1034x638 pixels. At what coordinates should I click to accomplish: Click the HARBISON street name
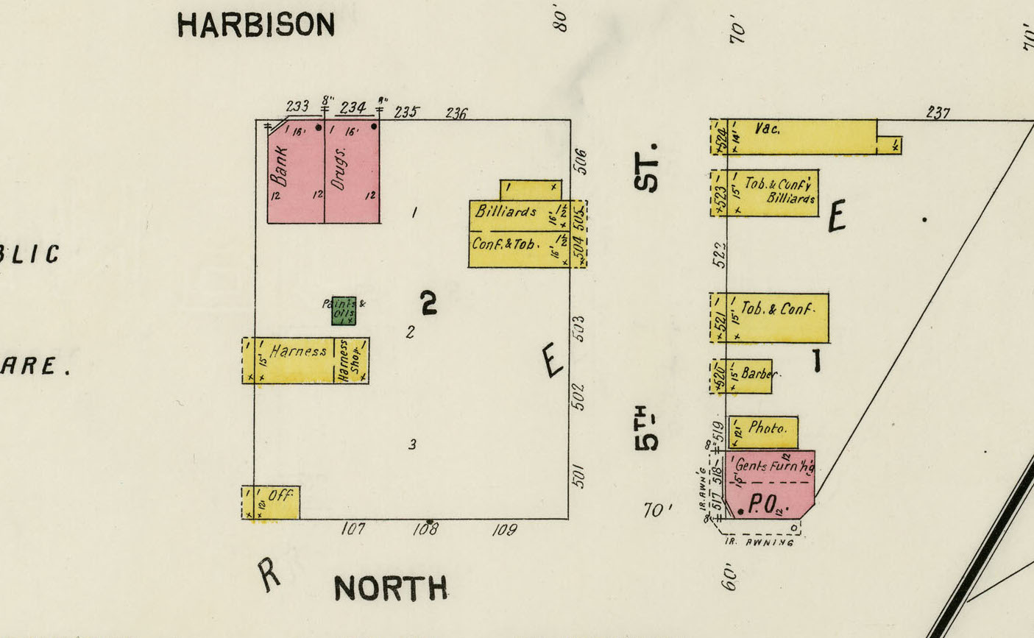[255, 25]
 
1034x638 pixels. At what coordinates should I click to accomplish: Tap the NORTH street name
[390, 589]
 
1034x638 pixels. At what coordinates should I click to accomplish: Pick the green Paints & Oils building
[344, 311]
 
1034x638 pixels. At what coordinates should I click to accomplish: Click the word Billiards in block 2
[506, 211]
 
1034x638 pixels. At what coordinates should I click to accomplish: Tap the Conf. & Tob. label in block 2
[506, 244]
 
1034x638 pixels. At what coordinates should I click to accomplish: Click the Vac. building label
[767, 128]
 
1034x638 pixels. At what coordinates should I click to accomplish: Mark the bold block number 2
[428, 302]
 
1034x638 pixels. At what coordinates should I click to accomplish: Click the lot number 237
[938, 113]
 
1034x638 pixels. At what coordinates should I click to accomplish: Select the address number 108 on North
[425, 529]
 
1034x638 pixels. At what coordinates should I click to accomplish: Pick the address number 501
[579, 476]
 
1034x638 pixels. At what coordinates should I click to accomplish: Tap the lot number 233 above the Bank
[297, 107]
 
